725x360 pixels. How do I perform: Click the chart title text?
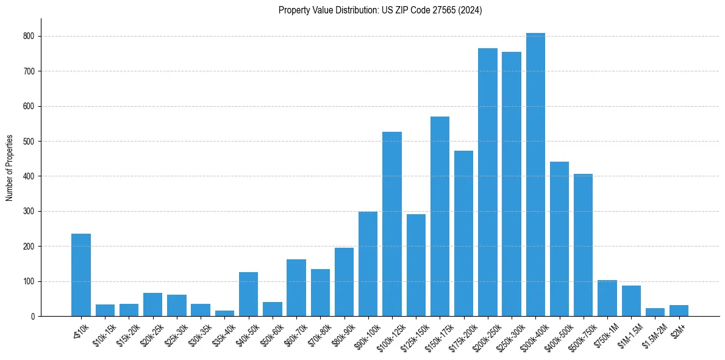pyautogui.click(x=380, y=10)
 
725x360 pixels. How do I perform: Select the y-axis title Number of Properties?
pyautogui.click(x=10, y=168)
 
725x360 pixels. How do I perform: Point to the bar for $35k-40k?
pyautogui.click(x=224, y=313)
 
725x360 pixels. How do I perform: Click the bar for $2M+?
pyautogui.click(x=679, y=311)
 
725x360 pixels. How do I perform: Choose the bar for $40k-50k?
pyautogui.click(x=248, y=294)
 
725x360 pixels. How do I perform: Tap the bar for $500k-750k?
pyautogui.click(x=583, y=245)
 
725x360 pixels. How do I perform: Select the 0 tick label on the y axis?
pyautogui.click(x=34, y=317)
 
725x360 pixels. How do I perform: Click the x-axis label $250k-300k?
pyautogui.click(x=507, y=334)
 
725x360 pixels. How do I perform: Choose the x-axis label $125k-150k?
pyautogui.click(x=412, y=334)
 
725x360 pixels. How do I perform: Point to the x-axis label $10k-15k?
pyautogui.click(x=103, y=333)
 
